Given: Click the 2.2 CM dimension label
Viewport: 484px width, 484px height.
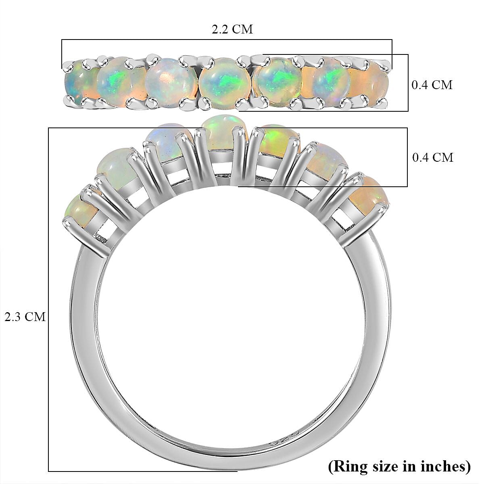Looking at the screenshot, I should [x=232, y=29].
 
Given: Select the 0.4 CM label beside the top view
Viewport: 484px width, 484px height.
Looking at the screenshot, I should [x=432, y=85].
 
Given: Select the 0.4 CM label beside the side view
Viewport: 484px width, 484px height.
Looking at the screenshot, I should [x=432, y=157].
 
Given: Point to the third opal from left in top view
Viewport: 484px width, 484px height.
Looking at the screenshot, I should [x=169, y=82].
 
